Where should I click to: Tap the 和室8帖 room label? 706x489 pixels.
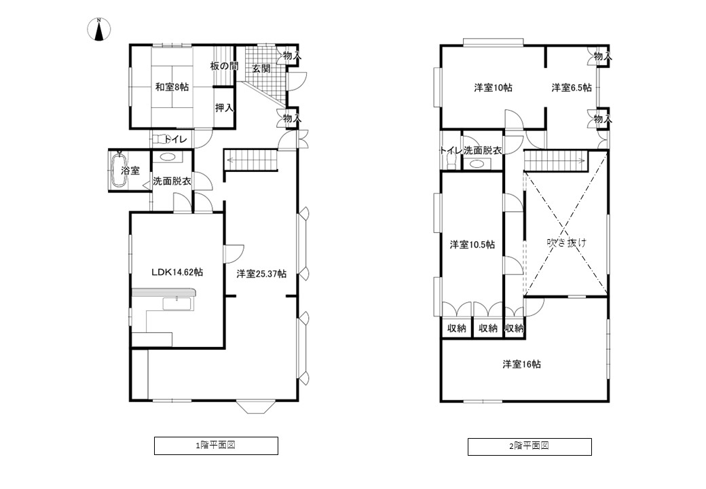tap(172, 87)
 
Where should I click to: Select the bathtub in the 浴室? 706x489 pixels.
tap(119, 170)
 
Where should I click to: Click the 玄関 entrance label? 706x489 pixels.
tap(261, 69)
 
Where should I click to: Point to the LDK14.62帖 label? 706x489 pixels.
tap(177, 272)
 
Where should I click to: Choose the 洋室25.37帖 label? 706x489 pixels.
tap(261, 273)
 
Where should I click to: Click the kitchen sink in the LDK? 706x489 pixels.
tap(177, 304)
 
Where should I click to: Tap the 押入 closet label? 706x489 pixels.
tap(224, 108)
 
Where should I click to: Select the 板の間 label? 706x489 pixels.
tap(224, 66)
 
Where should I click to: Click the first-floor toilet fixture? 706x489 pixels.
tap(159, 139)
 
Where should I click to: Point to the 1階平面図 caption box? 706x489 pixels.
tap(216, 446)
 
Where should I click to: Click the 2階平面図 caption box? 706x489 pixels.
tap(529, 447)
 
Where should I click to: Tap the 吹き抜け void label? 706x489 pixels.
tap(567, 242)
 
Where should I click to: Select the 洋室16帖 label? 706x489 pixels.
tap(522, 364)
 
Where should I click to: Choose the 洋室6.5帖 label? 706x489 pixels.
tap(572, 88)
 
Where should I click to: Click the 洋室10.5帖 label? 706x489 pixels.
tap(472, 244)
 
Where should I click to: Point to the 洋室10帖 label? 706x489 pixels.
tap(493, 88)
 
